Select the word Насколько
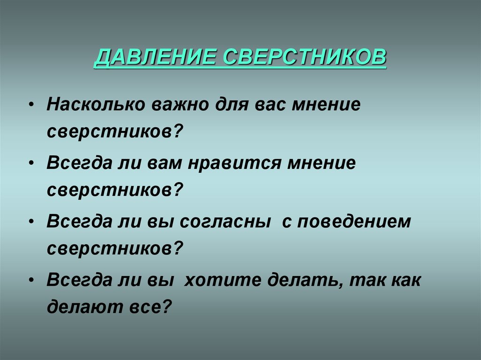click(x=95, y=105)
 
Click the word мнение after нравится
click(x=324, y=164)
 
